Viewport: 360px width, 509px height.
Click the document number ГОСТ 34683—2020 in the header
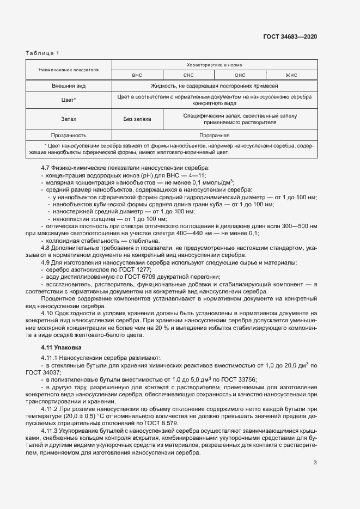290,36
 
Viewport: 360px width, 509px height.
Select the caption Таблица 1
43,53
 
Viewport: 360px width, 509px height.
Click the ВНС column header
137,75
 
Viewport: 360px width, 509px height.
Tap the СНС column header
188,75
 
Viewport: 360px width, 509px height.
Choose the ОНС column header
240,75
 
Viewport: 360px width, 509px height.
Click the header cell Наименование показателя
68,70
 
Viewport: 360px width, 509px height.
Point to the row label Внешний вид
68,86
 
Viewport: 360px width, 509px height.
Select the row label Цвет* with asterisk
68,100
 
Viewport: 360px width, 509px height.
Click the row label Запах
68,118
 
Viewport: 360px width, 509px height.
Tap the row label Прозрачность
68,135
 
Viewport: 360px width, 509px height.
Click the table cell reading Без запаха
137,118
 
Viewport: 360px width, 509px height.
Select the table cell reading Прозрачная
214,135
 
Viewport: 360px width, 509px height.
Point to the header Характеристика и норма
214,65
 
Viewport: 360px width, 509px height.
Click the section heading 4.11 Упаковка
61,347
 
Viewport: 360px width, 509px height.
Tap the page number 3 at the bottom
315,463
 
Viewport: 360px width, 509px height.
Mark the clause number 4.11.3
52,431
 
